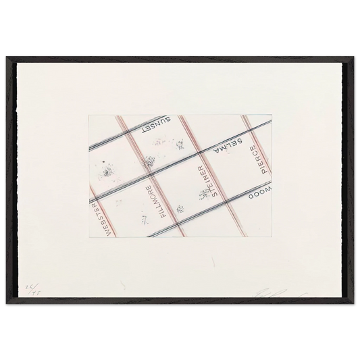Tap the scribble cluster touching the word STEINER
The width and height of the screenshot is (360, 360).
203,196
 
